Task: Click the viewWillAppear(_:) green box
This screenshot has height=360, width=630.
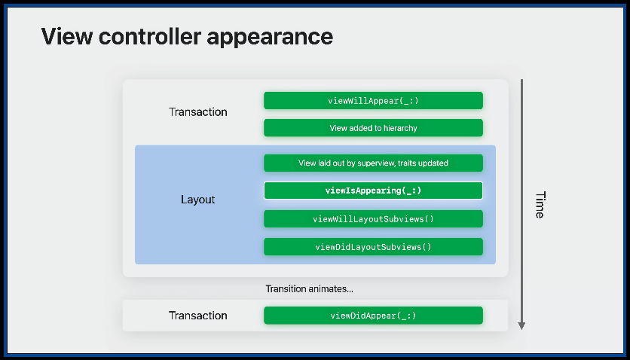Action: [373, 100]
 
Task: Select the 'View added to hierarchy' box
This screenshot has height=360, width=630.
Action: [373, 128]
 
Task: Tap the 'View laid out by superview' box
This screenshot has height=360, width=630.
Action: [373, 163]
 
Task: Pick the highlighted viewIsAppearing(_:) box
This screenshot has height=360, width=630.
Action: [373, 191]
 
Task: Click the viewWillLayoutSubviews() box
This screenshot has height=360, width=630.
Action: [373, 218]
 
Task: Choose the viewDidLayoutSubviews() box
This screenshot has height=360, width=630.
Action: [373, 247]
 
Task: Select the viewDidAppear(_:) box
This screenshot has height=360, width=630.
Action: [373, 316]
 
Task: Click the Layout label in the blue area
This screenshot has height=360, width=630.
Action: [197, 200]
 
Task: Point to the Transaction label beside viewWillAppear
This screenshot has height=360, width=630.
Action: [197, 112]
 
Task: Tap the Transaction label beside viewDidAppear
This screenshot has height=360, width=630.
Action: [197, 316]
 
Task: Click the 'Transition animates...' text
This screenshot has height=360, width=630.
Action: [310, 289]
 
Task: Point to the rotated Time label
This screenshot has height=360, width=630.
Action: [540, 205]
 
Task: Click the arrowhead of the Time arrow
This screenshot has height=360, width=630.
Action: [521, 326]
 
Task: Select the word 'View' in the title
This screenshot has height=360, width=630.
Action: [67, 36]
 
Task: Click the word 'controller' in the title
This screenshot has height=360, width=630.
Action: [150, 36]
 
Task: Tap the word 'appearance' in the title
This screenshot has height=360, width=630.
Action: [270, 38]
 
